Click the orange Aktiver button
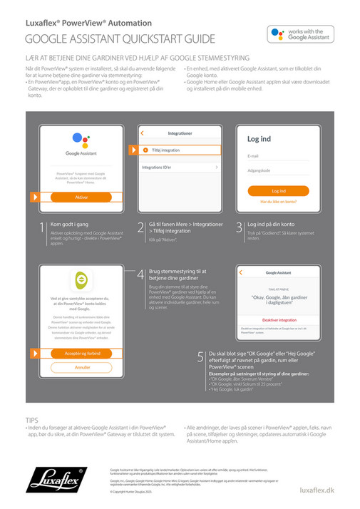[81, 197]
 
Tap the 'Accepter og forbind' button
[81, 353]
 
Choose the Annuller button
[81, 367]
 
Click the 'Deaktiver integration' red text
[280, 321]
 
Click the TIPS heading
[32, 421]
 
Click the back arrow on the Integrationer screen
[143, 133]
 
